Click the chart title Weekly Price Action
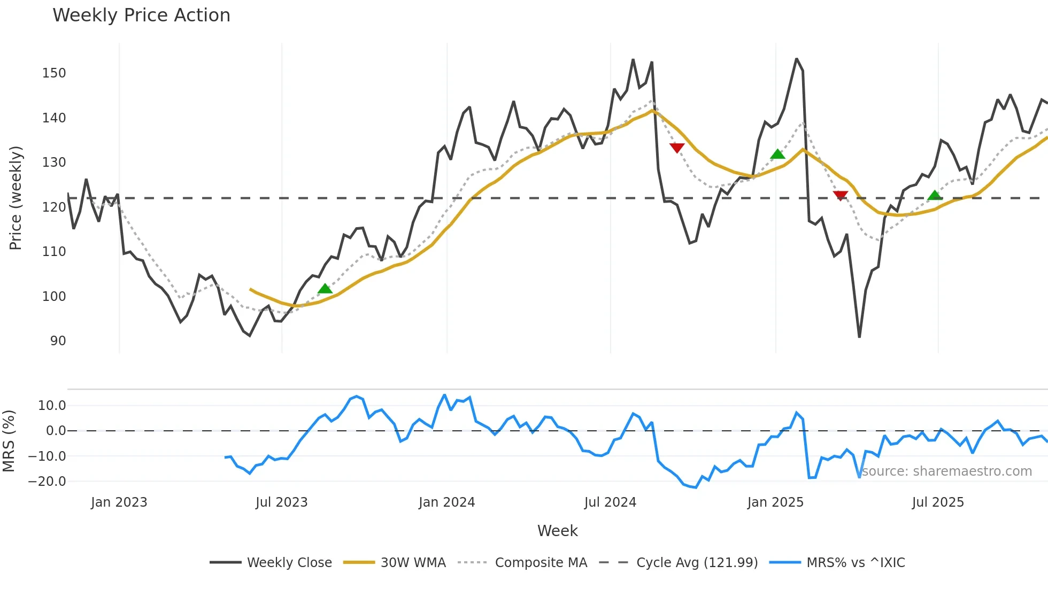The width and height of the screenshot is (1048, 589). click(x=141, y=15)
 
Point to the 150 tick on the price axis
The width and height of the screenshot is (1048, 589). click(x=54, y=73)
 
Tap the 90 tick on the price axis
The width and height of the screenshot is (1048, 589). click(x=58, y=341)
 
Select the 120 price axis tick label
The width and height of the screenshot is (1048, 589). click(x=54, y=207)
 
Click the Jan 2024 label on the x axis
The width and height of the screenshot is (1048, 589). click(x=446, y=502)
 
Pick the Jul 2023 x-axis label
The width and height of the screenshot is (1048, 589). click(x=281, y=502)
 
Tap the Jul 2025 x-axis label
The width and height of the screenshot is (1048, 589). click(x=938, y=502)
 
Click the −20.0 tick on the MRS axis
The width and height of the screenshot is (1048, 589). click(x=47, y=482)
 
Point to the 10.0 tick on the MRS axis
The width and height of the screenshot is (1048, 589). click(x=52, y=406)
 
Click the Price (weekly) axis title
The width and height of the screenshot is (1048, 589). click(x=16, y=198)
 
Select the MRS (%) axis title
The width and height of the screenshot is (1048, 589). click(x=9, y=441)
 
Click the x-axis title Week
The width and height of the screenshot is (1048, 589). click(x=557, y=531)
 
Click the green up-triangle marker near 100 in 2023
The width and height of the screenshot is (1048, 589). click(x=325, y=289)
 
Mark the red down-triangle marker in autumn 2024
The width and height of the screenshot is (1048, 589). click(x=677, y=148)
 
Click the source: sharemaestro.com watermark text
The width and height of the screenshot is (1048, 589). click(x=946, y=471)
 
